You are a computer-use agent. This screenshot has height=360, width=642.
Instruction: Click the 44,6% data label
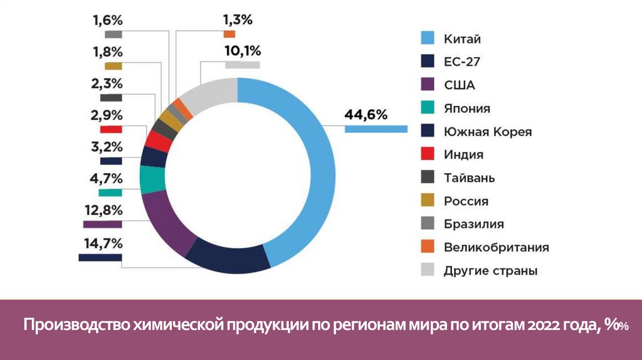(366, 115)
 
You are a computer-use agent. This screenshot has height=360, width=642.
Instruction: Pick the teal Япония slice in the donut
(152, 180)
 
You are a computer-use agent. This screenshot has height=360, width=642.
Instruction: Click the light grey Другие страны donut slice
(211, 96)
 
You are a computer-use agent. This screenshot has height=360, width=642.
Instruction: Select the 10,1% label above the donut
(242, 51)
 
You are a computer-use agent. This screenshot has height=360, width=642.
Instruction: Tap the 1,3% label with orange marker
(238, 20)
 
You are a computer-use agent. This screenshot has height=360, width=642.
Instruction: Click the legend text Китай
(462, 40)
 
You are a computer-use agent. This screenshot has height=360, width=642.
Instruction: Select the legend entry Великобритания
(496, 247)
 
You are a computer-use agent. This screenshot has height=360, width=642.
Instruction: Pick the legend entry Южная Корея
(487, 132)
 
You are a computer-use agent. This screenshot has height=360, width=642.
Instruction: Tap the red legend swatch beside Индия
(428, 155)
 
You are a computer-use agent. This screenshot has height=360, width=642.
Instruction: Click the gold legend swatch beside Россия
(428, 201)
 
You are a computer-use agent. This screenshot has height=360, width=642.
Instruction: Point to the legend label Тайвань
(469, 178)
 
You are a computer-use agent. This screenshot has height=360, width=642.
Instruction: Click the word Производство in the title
(76, 326)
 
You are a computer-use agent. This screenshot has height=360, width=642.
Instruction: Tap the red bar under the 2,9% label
(111, 129)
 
